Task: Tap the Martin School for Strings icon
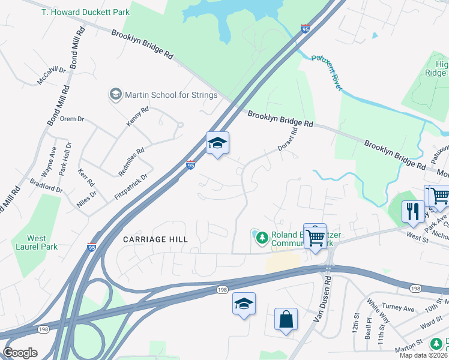click(x=115, y=94)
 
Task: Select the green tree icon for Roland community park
click(x=261, y=238)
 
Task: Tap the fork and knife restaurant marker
click(x=412, y=211)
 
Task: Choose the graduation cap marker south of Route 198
click(x=244, y=304)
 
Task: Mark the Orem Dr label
click(x=72, y=119)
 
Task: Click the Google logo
click(x=20, y=353)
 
